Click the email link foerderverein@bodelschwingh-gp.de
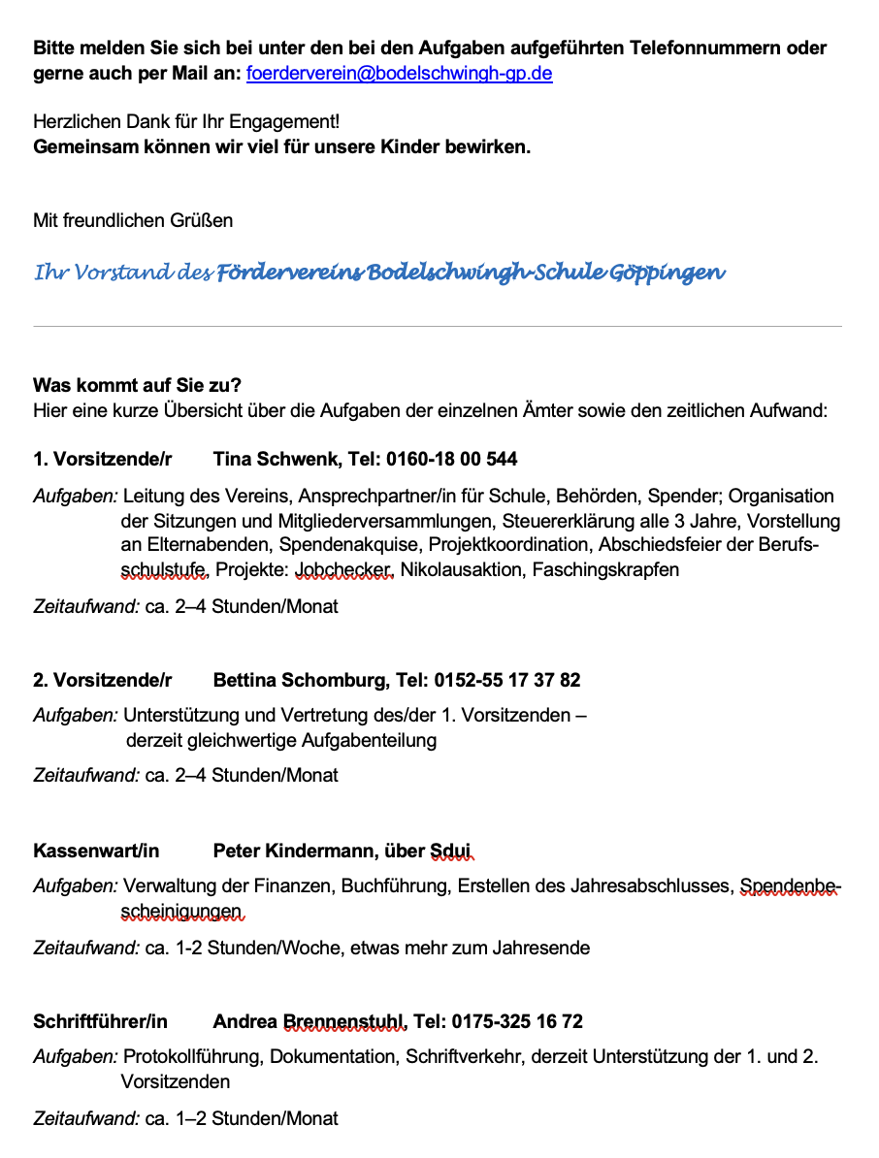click(x=400, y=74)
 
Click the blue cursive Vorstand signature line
click(x=379, y=273)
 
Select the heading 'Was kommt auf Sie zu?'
click(x=137, y=385)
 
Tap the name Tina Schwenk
click(x=273, y=459)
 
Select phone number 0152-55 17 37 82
click(x=507, y=680)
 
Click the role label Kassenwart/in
click(x=96, y=852)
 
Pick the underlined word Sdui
click(x=450, y=852)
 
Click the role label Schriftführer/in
click(x=100, y=1022)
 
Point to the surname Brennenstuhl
click(x=343, y=1022)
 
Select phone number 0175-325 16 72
click(x=498, y=1022)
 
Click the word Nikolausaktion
click(x=462, y=569)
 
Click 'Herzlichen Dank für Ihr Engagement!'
click(x=186, y=123)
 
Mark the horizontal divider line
click(x=438, y=327)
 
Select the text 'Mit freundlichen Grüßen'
click(x=133, y=221)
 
